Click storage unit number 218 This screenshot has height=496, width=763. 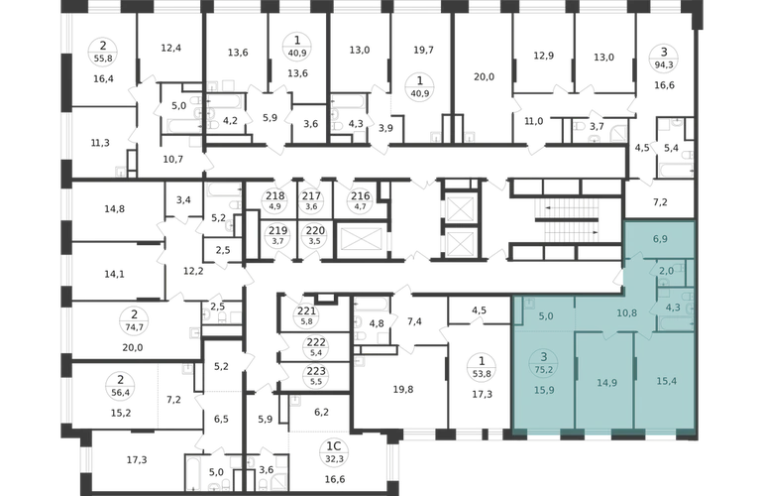tap(274, 199)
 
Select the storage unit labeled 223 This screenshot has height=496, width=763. tap(316, 376)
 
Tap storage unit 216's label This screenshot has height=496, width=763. tap(361, 199)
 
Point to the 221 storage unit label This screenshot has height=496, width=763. tap(306, 315)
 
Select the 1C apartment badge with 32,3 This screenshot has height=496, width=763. tap(333, 452)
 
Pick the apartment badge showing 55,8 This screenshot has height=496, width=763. tap(103, 52)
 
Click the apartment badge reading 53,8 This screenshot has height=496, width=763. tap(482, 367)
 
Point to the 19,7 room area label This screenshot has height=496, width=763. tap(423, 51)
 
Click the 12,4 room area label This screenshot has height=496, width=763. tap(170, 48)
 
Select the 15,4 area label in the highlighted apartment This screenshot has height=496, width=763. tap(666, 381)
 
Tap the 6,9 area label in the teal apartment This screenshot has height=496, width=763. tap(660, 239)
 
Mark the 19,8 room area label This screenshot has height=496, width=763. tap(403, 389)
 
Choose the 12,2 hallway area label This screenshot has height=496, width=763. tap(193, 271)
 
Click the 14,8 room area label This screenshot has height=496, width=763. tap(114, 209)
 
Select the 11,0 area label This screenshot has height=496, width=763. tap(534, 121)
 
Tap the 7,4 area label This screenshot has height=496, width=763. tap(414, 321)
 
